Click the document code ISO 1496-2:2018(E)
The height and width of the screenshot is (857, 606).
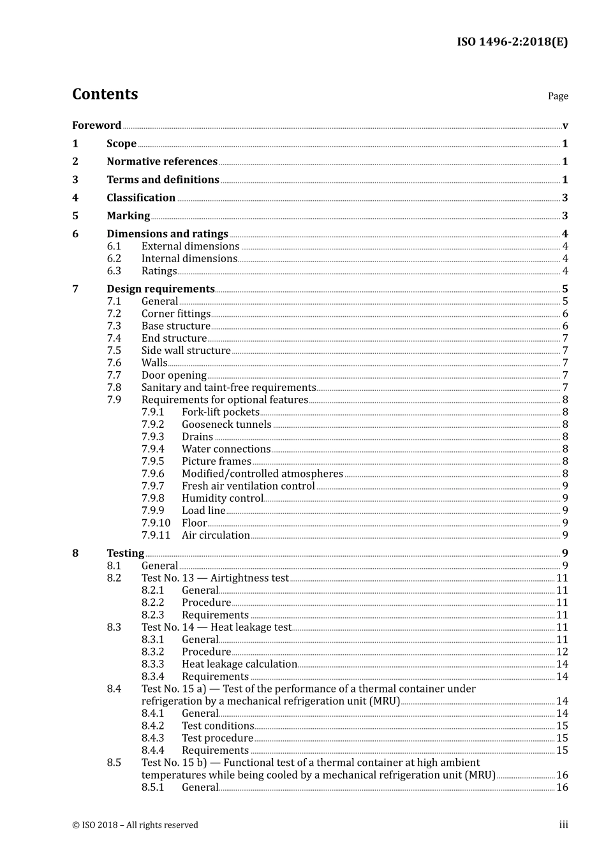[x=512, y=42]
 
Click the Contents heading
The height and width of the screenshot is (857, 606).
[x=105, y=94]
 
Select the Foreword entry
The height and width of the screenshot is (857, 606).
[x=96, y=126]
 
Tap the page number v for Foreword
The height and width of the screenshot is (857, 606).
[x=565, y=126]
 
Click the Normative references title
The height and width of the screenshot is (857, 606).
[x=161, y=162]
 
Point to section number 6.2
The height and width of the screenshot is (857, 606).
[x=114, y=259]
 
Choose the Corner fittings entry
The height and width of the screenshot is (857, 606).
[x=175, y=314]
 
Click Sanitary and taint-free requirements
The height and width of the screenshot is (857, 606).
[x=228, y=388]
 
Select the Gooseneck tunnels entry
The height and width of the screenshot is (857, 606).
[x=226, y=425]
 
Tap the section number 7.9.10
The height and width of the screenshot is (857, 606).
[x=156, y=523]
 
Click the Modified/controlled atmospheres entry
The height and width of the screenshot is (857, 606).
[x=262, y=474]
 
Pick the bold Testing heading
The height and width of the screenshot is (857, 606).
[x=125, y=553]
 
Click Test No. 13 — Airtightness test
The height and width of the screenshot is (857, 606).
[x=215, y=578]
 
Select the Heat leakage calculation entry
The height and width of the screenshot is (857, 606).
[x=239, y=664]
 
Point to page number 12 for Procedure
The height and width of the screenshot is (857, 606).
[x=561, y=652]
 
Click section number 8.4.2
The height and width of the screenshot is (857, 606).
[x=152, y=726]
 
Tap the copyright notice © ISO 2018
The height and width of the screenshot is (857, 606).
[x=135, y=825]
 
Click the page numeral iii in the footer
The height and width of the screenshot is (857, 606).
[x=563, y=825]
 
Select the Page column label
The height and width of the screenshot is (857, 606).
[x=558, y=96]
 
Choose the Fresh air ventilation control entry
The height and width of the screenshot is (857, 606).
[x=248, y=486]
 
